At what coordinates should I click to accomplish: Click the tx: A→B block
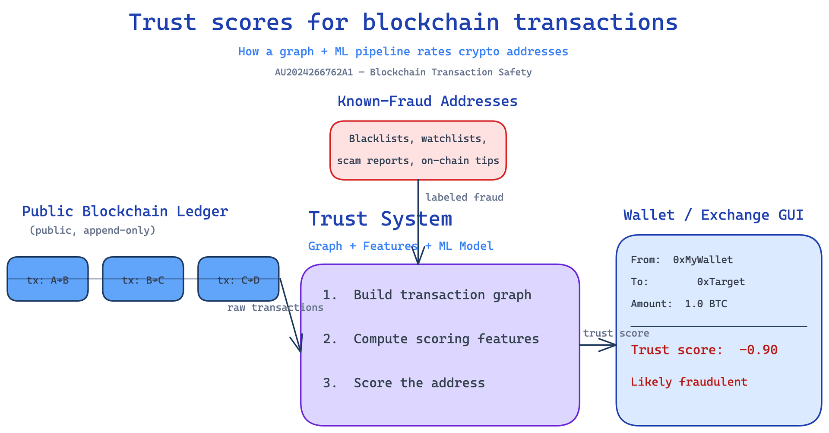(x=47, y=279)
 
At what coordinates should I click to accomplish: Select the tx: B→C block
(x=143, y=279)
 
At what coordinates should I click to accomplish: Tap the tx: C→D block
(x=238, y=279)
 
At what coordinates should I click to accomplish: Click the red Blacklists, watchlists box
(x=418, y=150)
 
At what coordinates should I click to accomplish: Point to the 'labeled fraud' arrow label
(x=464, y=197)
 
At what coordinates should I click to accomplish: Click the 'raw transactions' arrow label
(x=275, y=308)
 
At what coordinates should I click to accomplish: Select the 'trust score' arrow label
(x=616, y=333)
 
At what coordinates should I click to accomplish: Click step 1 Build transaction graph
(x=427, y=295)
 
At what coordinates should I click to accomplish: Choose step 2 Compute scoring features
(x=431, y=339)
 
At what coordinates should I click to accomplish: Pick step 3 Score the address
(x=404, y=383)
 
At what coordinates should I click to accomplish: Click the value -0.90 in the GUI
(x=758, y=350)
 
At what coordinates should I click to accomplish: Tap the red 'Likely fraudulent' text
(x=689, y=382)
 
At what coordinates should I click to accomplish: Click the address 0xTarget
(x=721, y=282)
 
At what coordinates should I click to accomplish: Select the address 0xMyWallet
(x=703, y=260)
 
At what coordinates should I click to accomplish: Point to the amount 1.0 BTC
(x=706, y=304)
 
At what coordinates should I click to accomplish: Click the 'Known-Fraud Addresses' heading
(x=427, y=101)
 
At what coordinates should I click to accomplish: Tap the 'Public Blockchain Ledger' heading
(x=125, y=211)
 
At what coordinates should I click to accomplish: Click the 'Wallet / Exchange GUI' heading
(x=713, y=215)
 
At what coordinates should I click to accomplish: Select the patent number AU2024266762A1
(x=314, y=72)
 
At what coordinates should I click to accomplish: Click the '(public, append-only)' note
(x=92, y=230)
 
